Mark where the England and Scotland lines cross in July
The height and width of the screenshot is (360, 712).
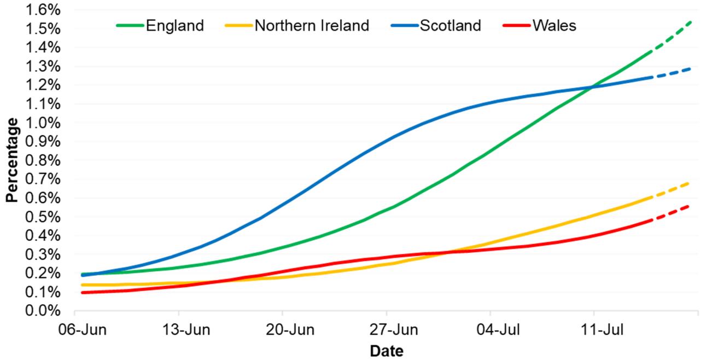tap(592, 88)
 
